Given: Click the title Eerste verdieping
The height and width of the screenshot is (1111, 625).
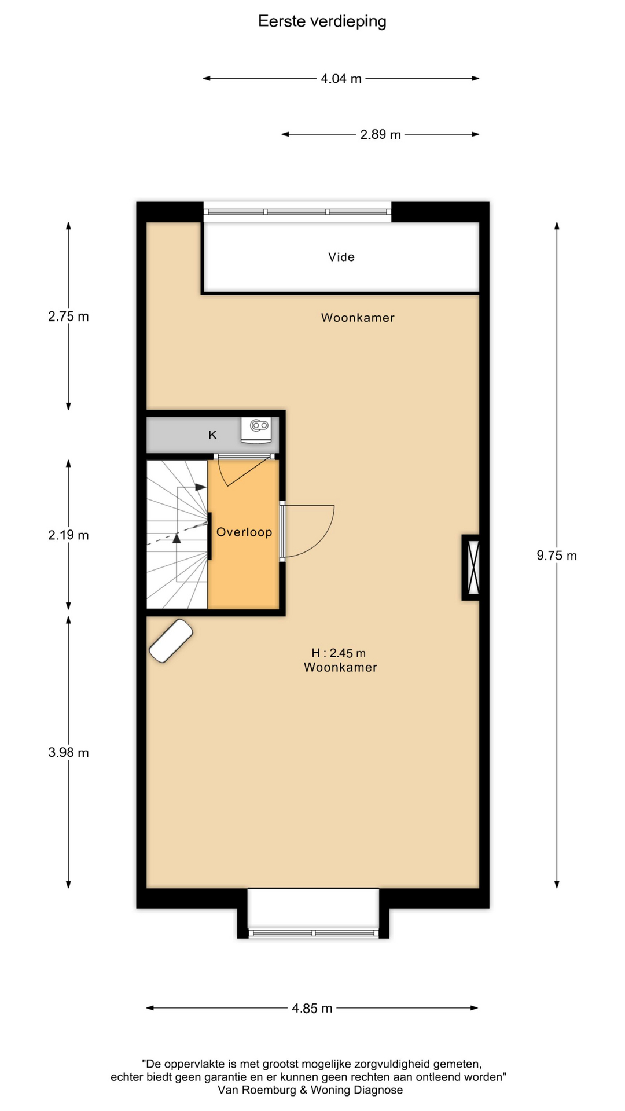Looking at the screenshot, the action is (322, 21).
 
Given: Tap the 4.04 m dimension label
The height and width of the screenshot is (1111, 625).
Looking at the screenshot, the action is (341, 79).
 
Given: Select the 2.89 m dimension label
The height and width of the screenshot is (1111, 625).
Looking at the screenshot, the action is (380, 135).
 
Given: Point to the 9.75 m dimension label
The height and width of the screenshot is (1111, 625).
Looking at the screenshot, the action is (556, 555).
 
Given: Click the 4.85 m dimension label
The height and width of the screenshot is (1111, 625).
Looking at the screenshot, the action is (312, 1009).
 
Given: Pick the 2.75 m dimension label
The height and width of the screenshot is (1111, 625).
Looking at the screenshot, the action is (68, 317).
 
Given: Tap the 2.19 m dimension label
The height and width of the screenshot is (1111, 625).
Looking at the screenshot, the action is (68, 535).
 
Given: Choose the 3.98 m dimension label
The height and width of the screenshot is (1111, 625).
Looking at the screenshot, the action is (68, 753).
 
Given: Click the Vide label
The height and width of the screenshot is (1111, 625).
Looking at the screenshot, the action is (341, 257).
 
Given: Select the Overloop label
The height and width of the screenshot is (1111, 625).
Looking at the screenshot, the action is (244, 532).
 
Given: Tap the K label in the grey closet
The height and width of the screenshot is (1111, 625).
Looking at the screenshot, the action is (212, 435).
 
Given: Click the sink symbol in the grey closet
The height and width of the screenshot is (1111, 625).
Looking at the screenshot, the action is (256, 430).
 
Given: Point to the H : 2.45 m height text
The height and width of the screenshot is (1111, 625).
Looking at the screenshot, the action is (339, 653).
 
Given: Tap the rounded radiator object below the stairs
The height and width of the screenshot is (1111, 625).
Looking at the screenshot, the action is (171, 641).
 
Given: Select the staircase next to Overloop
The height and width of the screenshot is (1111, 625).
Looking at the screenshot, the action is (177, 534).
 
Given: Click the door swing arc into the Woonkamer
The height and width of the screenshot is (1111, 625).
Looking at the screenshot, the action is (322, 541).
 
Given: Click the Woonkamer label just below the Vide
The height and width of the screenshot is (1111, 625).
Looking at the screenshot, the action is (358, 318).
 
